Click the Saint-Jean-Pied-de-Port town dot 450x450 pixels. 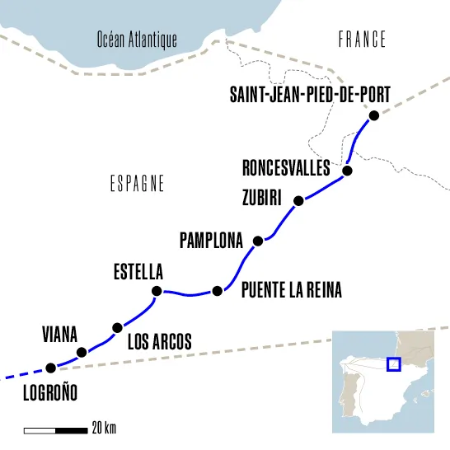[x=373, y=116]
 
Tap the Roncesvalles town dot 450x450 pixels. [x=347, y=171]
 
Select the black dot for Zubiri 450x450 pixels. [x=299, y=200]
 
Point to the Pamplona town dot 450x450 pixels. [x=258, y=241]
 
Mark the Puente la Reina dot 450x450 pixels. [x=218, y=290]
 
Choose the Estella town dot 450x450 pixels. [x=157, y=291]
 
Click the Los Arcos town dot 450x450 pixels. [x=117, y=327]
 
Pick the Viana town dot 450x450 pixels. [x=82, y=353]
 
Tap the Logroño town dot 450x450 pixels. [x=50, y=368]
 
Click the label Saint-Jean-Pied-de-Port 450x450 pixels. [x=310, y=95]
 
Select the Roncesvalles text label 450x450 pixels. [x=286, y=168]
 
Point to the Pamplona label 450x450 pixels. [x=211, y=241]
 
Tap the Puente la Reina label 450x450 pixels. [x=291, y=291]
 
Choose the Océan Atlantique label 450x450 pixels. [x=137, y=39]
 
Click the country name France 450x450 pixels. [x=362, y=39]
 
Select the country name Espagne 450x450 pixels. [x=137, y=184]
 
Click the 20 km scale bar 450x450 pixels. [x=55, y=429]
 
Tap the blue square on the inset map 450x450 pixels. [x=393, y=364]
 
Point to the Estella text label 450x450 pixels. [x=138, y=271]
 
